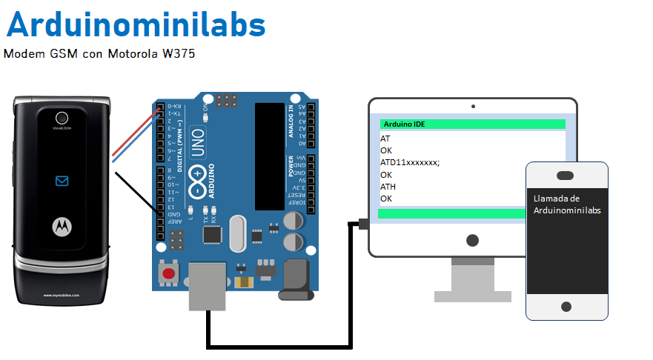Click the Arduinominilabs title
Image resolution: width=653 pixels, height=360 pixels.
click(136, 24)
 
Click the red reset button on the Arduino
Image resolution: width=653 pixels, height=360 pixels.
click(169, 273)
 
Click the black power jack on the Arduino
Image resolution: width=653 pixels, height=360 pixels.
click(294, 279)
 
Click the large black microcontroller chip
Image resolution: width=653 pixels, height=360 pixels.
click(270, 156)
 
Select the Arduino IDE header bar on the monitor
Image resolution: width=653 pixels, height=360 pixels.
click(472, 124)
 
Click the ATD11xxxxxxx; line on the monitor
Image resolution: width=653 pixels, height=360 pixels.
click(410, 162)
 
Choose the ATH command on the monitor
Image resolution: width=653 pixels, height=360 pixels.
click(388, 187)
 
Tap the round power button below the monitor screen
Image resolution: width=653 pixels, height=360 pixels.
click(472, 240)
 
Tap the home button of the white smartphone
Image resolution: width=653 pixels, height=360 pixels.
click(566, 306)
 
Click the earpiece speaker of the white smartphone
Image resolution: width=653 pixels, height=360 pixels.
click(566, 175)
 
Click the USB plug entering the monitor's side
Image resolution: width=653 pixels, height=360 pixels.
click(363, 223)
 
